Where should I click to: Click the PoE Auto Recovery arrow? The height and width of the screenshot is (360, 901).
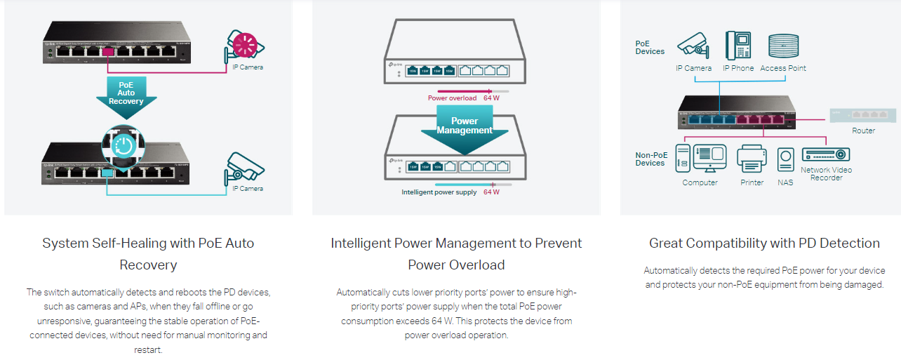click(126, 94)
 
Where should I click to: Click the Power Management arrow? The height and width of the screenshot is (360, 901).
click(464, 126)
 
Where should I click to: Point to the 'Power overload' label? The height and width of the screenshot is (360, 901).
click(452, 98)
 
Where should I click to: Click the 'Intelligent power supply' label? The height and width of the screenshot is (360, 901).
click(439, 192)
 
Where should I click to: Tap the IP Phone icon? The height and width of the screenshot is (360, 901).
click(738, 46)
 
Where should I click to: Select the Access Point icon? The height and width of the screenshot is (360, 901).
click(782, 46)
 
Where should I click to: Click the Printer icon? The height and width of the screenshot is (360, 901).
click(752, 159)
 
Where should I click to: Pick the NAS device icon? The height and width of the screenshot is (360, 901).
click(786, 159)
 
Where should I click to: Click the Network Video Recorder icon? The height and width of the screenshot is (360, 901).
click(826, 154)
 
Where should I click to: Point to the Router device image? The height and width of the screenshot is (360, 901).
click(862, 115)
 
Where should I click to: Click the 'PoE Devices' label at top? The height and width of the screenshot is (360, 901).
click(650, 47)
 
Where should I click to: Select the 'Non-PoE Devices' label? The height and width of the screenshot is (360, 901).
click(650, 159)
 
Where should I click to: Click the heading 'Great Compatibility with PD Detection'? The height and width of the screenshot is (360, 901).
click(764, 244)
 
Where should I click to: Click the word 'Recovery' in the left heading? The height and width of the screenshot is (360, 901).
click(148, 265)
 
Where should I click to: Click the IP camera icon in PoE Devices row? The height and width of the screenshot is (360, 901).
click(693, 46)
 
